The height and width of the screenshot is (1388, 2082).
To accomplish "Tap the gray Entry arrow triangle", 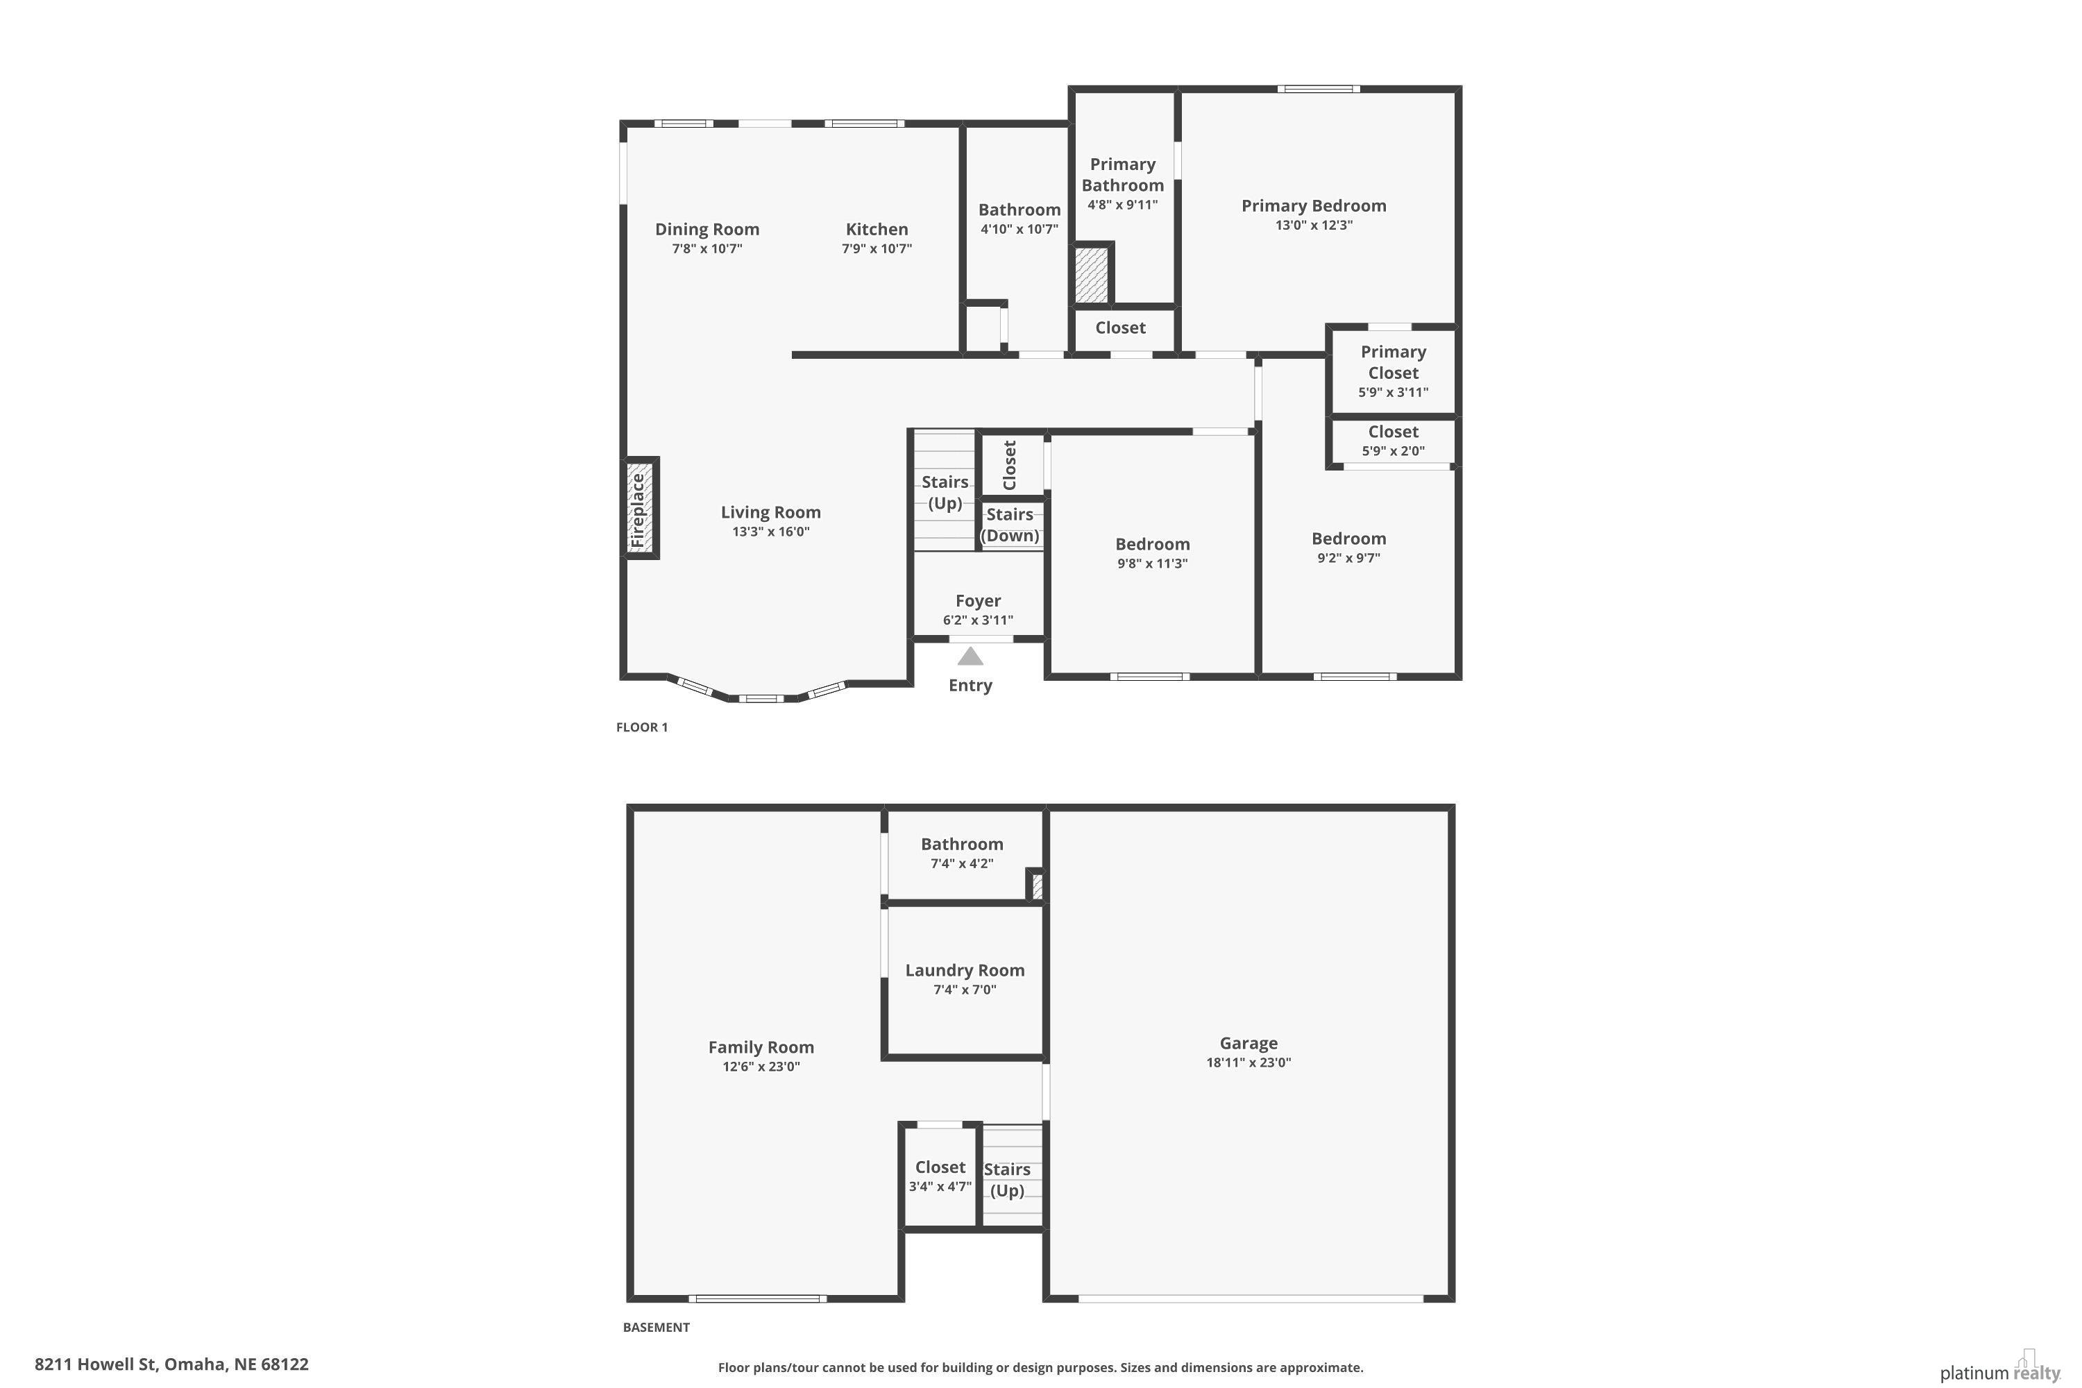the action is (970, 656).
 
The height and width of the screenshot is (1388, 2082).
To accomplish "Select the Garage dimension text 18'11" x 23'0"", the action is (1248, 1063).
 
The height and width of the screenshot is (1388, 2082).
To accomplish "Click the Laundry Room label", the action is (965, 970).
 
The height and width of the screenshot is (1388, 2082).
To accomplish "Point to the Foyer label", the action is (978, 601).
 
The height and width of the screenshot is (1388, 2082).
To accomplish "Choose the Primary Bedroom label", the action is (1314, 205).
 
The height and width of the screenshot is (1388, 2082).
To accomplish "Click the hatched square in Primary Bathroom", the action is (1092, 274).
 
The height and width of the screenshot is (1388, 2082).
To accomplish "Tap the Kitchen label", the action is (877, 229).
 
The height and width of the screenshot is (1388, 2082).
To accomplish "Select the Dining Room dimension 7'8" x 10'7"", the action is (707, 248).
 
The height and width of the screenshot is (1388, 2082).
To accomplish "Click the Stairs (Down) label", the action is (1010, 525).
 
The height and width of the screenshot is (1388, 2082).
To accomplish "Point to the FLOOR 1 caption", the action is (642, 727).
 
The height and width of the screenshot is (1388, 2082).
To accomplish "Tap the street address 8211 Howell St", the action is (96, 1364).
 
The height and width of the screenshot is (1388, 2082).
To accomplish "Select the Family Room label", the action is (761, 1047).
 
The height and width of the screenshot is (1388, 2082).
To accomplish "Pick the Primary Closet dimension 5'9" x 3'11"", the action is (1394, 392).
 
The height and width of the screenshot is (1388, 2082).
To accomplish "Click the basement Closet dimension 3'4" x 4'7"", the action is (940, 1187).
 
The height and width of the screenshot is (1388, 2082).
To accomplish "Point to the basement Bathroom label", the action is (962, 845).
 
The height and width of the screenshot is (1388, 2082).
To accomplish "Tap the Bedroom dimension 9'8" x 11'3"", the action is (1153, 564).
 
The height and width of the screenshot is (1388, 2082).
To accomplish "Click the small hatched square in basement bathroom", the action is (1038, 886).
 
